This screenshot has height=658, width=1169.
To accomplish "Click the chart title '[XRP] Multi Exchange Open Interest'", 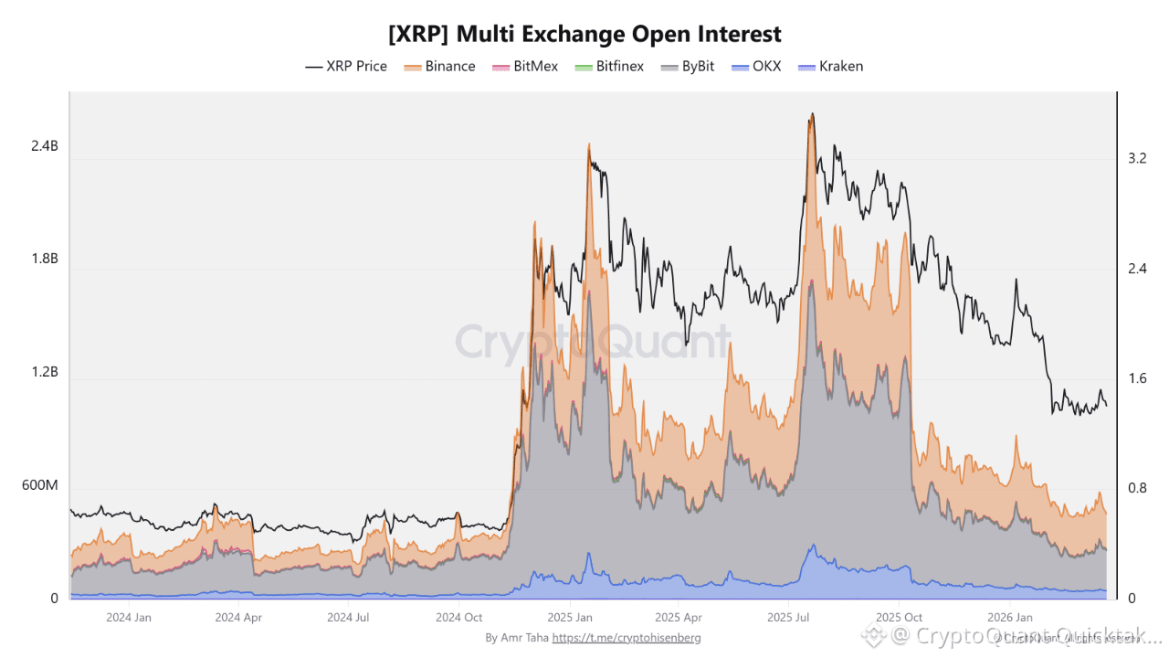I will (x=584, y=34).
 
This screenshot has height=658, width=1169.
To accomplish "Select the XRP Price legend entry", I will (x=346, y=66).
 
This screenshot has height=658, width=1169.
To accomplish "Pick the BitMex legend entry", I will (x=525, y=66).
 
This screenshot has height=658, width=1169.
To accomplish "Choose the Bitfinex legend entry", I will (x=609, y=66).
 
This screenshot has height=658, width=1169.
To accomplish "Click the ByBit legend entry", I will (x=688, y=66).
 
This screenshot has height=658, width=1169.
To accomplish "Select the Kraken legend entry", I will (x=830, y=66).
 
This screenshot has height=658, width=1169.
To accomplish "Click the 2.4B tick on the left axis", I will (x=43, y=146).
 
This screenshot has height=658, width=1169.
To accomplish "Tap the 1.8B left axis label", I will (x=43, y=259).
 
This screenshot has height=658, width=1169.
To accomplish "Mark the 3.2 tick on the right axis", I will (x=1137, y=158).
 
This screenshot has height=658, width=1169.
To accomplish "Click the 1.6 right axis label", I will (x=1137, y=378).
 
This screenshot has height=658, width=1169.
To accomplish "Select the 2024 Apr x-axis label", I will (x=238, y=618).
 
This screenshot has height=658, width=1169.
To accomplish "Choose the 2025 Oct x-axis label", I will (x=900, y=618).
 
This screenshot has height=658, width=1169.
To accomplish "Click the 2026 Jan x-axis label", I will (x=1010, y=618).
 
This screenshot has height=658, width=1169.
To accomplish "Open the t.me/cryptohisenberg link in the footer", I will (x=627, y=638).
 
